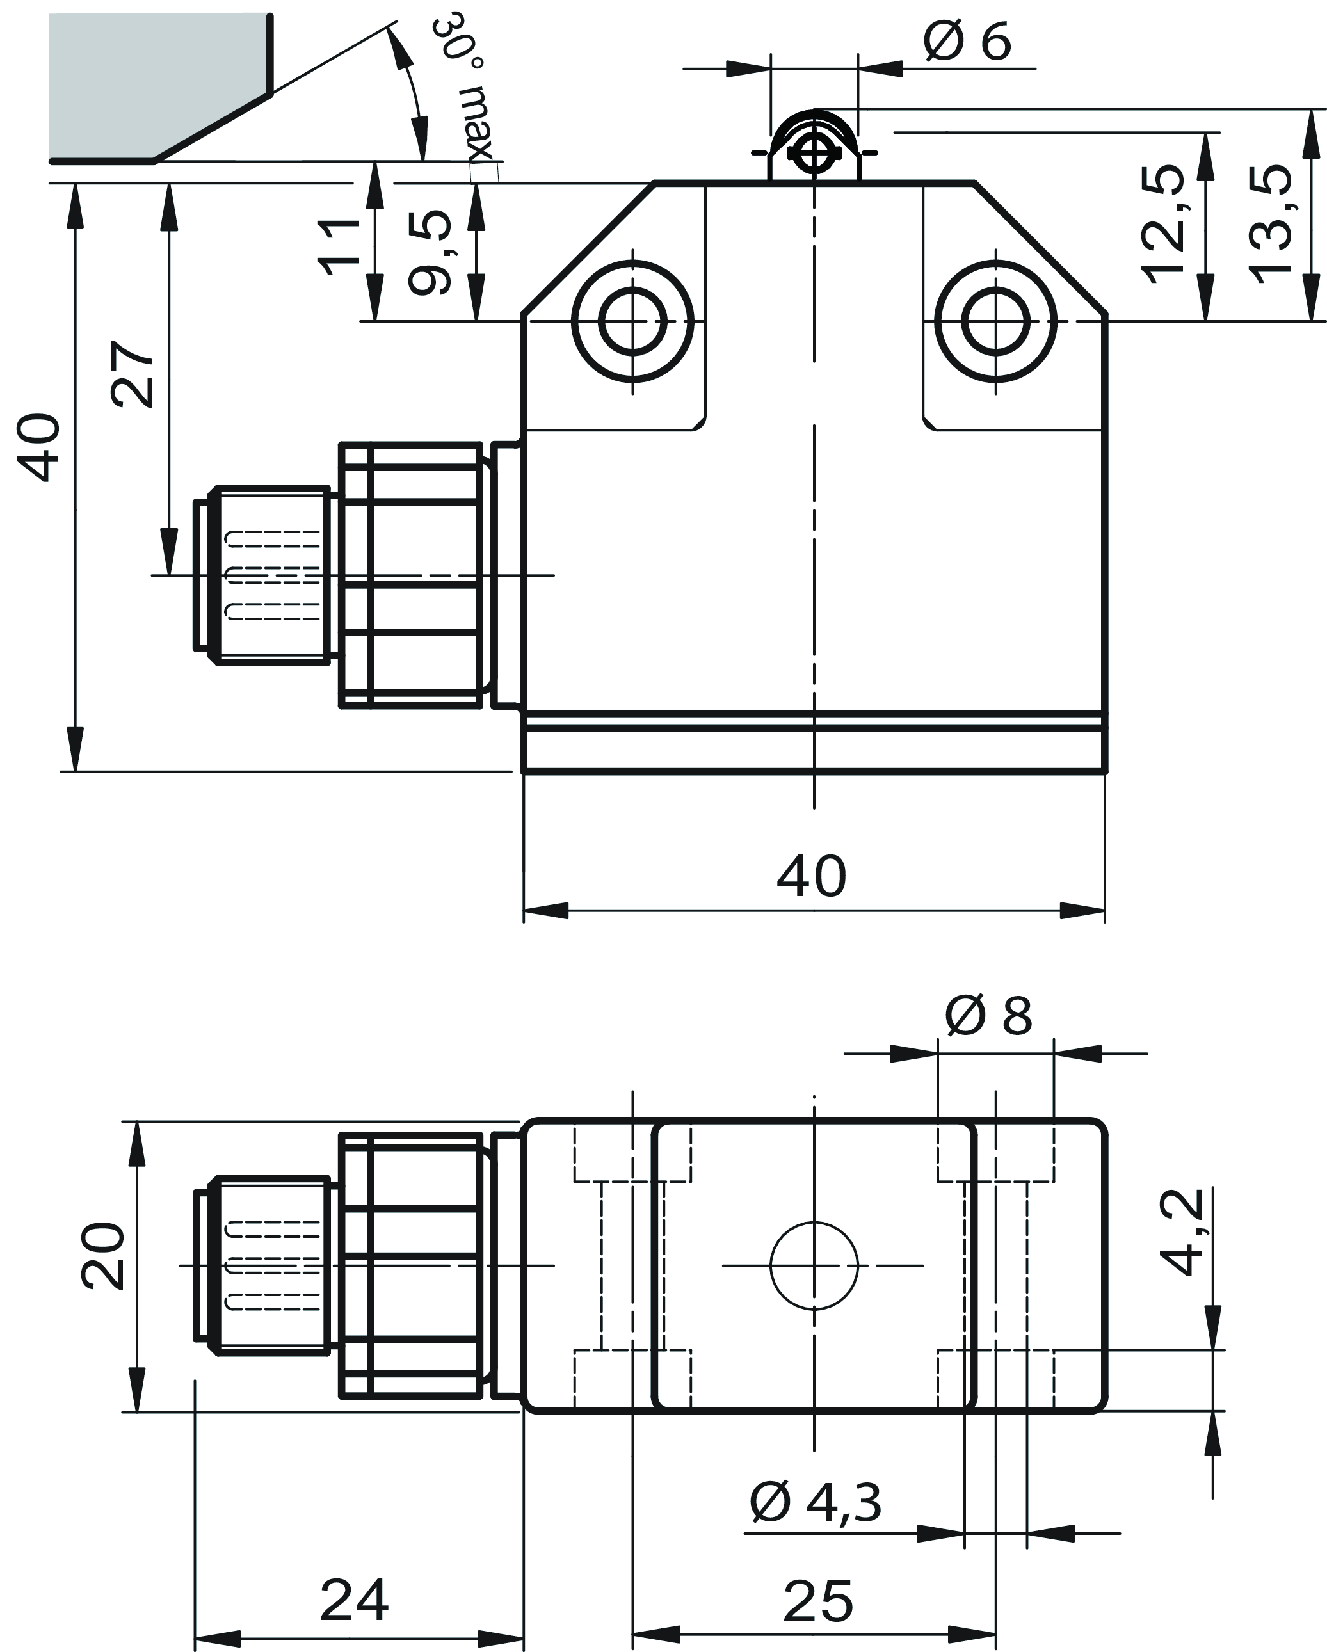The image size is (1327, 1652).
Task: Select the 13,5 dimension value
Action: coord(1269,224)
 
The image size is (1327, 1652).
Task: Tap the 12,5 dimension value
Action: coord(1163,224)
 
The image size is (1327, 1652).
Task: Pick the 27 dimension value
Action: coord(133,374)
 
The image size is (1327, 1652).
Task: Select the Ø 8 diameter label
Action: coord(988,1016)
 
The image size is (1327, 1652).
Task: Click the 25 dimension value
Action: coord(817,1601)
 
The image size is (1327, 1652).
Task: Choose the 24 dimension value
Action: coord(354,1600)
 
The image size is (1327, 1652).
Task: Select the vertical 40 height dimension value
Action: coord(38,447)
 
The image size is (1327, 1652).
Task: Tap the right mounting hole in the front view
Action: coord(995,322)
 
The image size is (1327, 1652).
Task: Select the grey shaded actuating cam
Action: coord(145,84)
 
